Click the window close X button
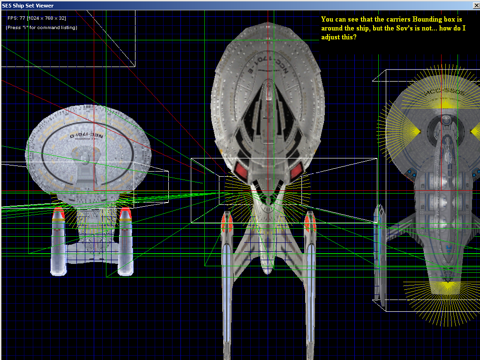(474, 6)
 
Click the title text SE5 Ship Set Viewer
(28, 6)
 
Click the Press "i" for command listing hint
(41, 28)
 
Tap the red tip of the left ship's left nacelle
(59, 213)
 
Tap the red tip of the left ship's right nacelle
(125, 214)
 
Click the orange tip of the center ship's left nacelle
(227, 221)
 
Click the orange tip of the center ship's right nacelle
(310, 221)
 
